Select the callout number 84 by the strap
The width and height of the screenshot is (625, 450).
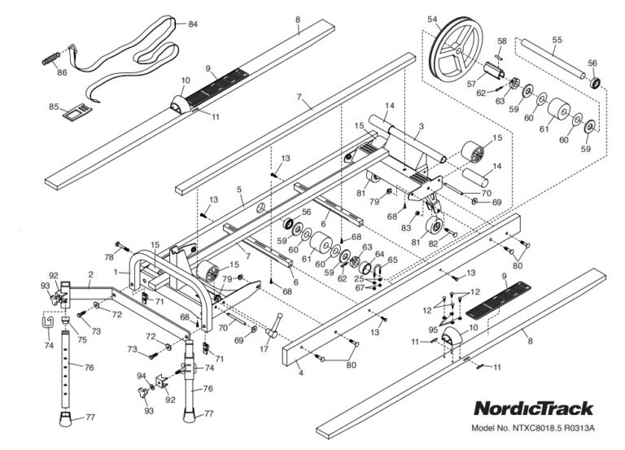tap(192, 24)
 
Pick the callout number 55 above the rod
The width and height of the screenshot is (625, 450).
tap(557, 39)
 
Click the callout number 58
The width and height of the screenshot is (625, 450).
tap(501, 41)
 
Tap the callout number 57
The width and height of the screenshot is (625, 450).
tap(471, 84)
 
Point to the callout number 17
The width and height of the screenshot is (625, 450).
tap(263, 349)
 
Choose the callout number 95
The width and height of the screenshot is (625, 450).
tap(434, 330)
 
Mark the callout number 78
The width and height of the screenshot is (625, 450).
tap(108, 257)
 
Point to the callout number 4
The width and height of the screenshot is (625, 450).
tap(300, 374)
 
